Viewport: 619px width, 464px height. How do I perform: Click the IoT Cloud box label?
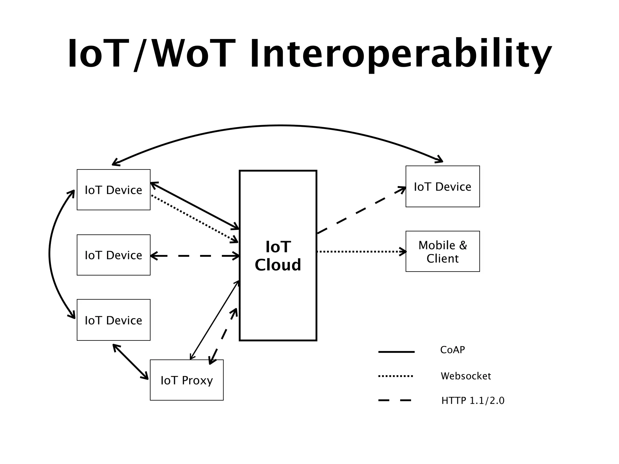click(x=278, y=256)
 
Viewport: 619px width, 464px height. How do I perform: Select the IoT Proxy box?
click(x=186, y=380)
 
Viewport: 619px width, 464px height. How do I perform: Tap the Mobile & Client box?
click(x=442, y=252)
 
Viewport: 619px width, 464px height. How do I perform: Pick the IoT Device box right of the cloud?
click(x=442, y=187)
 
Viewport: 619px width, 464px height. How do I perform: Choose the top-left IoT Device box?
click(x=113, y=190)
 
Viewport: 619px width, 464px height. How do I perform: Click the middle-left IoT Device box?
click(x=113, y=255)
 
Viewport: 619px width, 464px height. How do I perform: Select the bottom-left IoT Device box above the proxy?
click(x=113, y=320)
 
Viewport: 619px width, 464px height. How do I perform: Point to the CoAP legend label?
click(x=452, y=350)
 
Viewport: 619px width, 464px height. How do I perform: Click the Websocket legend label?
click(x=466, y=376)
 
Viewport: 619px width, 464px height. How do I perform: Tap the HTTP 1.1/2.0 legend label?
click(x=473, y=401)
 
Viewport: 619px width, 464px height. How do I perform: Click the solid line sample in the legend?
click(x=396, y=352)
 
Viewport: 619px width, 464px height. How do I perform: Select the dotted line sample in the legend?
click(x=395, y=376)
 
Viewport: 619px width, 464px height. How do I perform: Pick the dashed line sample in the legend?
click(x=395, y=401)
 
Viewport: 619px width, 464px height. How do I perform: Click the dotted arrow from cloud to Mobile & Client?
click(x=361, y=251)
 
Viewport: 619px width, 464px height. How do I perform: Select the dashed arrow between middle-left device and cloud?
click(x=195, y=256)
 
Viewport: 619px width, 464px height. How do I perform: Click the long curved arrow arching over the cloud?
click(x=280, y=125)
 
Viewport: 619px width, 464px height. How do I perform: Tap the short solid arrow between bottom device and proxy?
click(x=131, y=362)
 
